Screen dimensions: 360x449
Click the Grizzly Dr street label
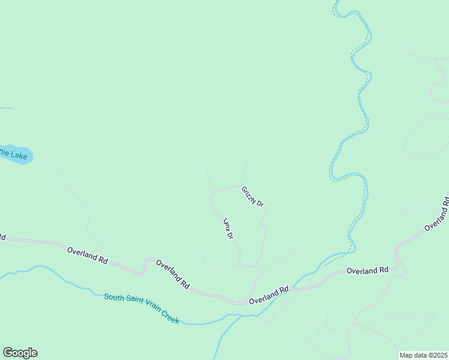[x=253, y=197]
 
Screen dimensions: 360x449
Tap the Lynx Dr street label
[x=228, y=229]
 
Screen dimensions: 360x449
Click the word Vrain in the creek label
[x=154, y=311]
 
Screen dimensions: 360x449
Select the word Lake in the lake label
[x=20, y=156]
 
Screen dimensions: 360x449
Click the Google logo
[x=20, y=353]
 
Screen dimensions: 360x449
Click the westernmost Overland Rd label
[x=87, y=256]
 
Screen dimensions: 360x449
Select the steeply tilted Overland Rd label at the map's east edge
[x=436, y=214]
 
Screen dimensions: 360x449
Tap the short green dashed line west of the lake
[x=6, y=108]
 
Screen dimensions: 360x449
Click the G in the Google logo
[x=7, y=353]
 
